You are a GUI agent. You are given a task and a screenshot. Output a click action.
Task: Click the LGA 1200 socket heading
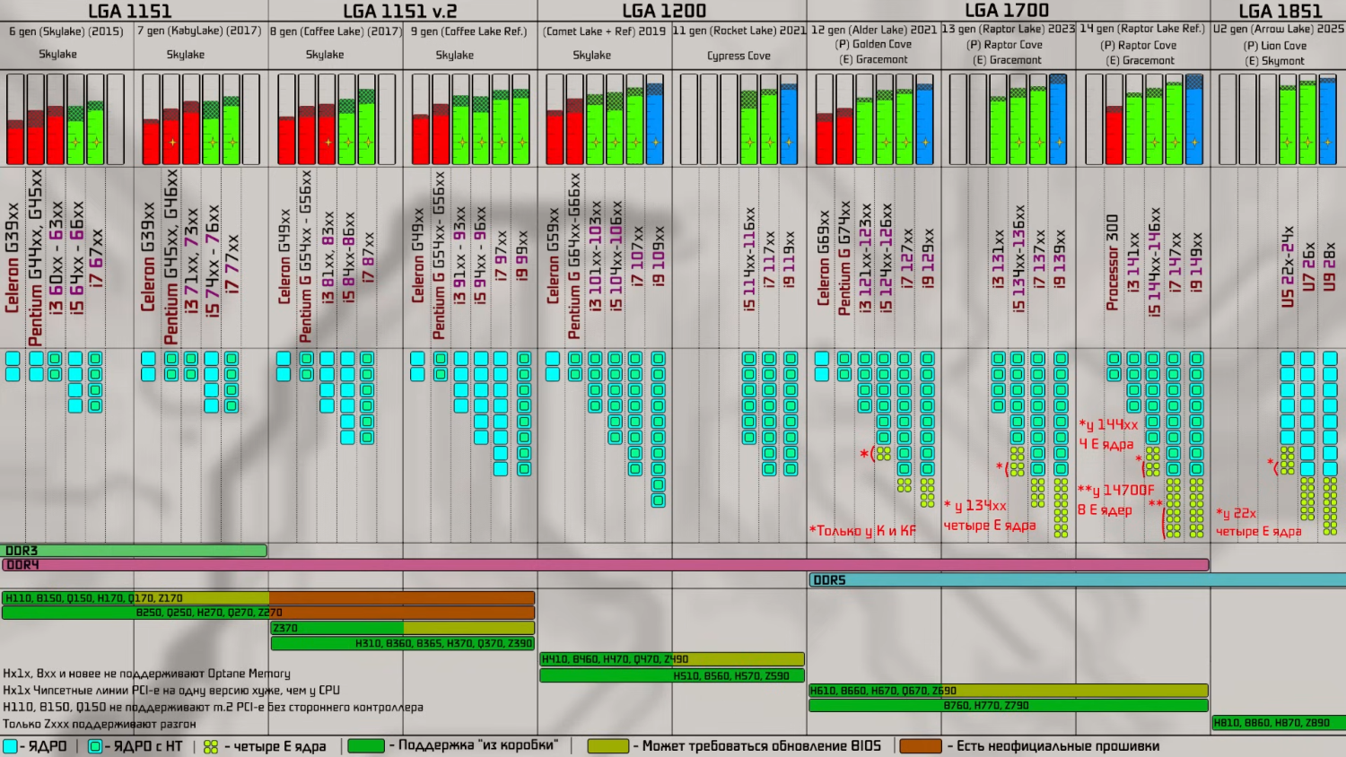click(664, 11)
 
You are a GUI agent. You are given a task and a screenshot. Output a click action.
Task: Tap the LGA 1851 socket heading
click(1280, 11)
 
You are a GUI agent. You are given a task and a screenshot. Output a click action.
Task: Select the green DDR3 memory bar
click(135, 551)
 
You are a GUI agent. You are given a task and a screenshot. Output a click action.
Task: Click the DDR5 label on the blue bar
click(829, 580)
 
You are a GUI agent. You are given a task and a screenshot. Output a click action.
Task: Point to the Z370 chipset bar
click(336, 628)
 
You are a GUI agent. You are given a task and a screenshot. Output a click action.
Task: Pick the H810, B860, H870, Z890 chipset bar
click(1278, 722)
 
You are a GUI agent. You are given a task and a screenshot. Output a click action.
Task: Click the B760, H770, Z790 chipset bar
click(1008, 706)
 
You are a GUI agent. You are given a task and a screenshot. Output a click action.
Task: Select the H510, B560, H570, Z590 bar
click(672, 675)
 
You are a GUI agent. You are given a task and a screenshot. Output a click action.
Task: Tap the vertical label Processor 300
click(1113, 263)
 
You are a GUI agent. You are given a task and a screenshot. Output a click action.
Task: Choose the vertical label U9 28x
click(1329, 266)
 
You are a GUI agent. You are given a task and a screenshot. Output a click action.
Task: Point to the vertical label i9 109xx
click(659, 257)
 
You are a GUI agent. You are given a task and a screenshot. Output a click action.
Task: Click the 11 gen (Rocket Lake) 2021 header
click(739, 30)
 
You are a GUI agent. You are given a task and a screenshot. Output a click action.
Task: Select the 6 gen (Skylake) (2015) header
click(66, 31)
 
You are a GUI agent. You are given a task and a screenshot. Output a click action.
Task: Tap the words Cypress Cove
click(739, 56)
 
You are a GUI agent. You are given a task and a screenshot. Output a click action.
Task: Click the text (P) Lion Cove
click(1278, 45)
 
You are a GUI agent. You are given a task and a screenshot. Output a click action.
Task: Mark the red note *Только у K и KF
click(862, 530)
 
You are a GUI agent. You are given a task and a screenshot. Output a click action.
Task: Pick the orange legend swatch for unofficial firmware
click(920, 745)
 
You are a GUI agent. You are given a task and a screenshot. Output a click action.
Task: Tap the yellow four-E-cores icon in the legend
click(211, 746)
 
